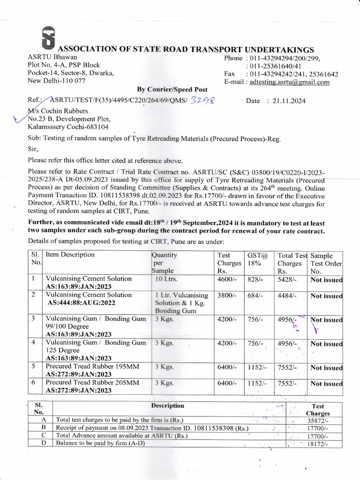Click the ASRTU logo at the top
point(48,37)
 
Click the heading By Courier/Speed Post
point(172,90)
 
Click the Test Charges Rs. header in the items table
point(228,263)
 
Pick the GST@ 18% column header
point(258,259)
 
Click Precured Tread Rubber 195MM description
point(92,367)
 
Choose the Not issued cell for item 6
point(326,383)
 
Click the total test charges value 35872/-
point(317,421)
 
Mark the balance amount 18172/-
point(317,444)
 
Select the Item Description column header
point(70,255)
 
